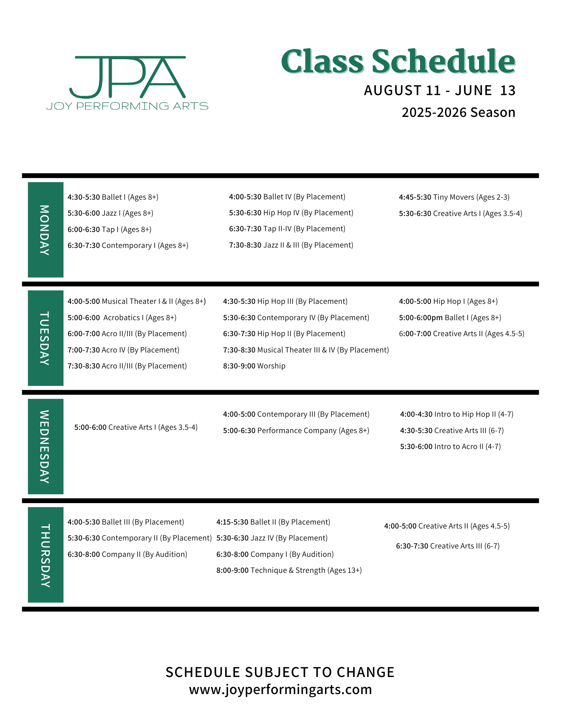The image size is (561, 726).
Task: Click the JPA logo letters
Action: (x=127, y=77)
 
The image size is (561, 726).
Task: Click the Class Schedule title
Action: (x=398, y=61)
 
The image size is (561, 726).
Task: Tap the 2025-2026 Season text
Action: (x=458, y=113)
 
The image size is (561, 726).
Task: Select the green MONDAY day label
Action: (x=45, y=230)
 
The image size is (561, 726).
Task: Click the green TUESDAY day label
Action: (x=45, y=338)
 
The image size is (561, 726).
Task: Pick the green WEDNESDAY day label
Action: (x=45, y=446)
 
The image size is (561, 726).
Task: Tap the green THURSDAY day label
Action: (x=45, y=555)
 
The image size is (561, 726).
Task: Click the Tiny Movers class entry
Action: (x=454, y=197)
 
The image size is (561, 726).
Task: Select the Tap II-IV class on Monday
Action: (x=287, y=229)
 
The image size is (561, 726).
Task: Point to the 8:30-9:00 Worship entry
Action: (x=254, y=366)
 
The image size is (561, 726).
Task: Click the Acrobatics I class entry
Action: (x=122, y=318)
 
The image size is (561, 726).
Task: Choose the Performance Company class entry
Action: (x=296, y=431)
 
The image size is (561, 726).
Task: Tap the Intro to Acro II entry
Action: (x=450, y=446)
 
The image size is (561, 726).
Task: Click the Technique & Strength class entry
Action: (x=289, y=570)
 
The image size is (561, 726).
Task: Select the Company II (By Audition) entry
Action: (x=127, y=554)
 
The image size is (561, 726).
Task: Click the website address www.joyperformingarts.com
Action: (x=280, y=689)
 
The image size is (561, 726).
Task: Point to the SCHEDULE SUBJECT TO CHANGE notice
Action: (x=280, y=672)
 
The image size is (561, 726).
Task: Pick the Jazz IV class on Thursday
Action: (x=272, y=538)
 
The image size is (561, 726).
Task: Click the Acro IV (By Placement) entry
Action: (x=123, y=350)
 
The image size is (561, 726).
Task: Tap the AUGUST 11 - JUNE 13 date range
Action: (x=439, y=90)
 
